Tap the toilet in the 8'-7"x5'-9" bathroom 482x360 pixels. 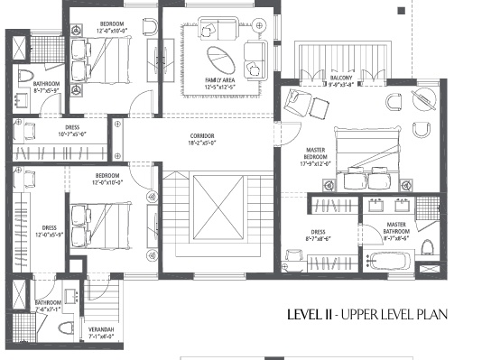pyautogui.click(x=27, y=74)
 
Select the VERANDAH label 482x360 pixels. pyautogui.click(x=100, y=329)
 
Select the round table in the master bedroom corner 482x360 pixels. pyautogui.click(x=422, y=128)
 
